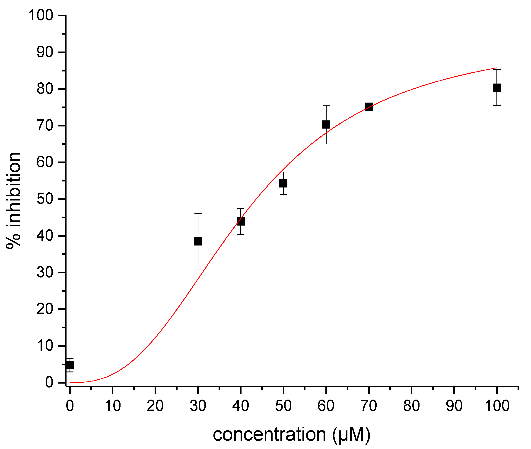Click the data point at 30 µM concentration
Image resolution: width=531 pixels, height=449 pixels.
[x=198, y=241]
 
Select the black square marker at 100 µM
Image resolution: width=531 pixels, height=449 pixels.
[x=496, y=87]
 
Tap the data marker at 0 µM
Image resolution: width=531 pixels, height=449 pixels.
[x=70, y=365]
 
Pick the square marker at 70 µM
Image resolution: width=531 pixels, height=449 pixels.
[x=369, y=107]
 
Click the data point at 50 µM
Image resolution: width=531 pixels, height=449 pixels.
[x=283, y=183]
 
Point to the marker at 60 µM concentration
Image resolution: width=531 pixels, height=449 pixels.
[x=326, y=124]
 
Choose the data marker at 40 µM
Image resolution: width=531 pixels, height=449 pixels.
[x=240, y=221]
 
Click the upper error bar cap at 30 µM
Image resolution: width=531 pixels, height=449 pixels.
[x=198, y=213]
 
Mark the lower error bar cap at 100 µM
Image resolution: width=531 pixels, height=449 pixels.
[x=496, y=106]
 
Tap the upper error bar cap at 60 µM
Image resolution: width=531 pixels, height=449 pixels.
[x=326, y=105]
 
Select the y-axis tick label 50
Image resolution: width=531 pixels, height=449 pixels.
[x=45, y=199]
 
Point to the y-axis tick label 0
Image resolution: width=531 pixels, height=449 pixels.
[x=49, y=382]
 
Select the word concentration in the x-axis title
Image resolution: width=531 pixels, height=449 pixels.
[x=269, y=434]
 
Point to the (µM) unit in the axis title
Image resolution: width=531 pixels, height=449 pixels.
[x=351, y=434]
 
